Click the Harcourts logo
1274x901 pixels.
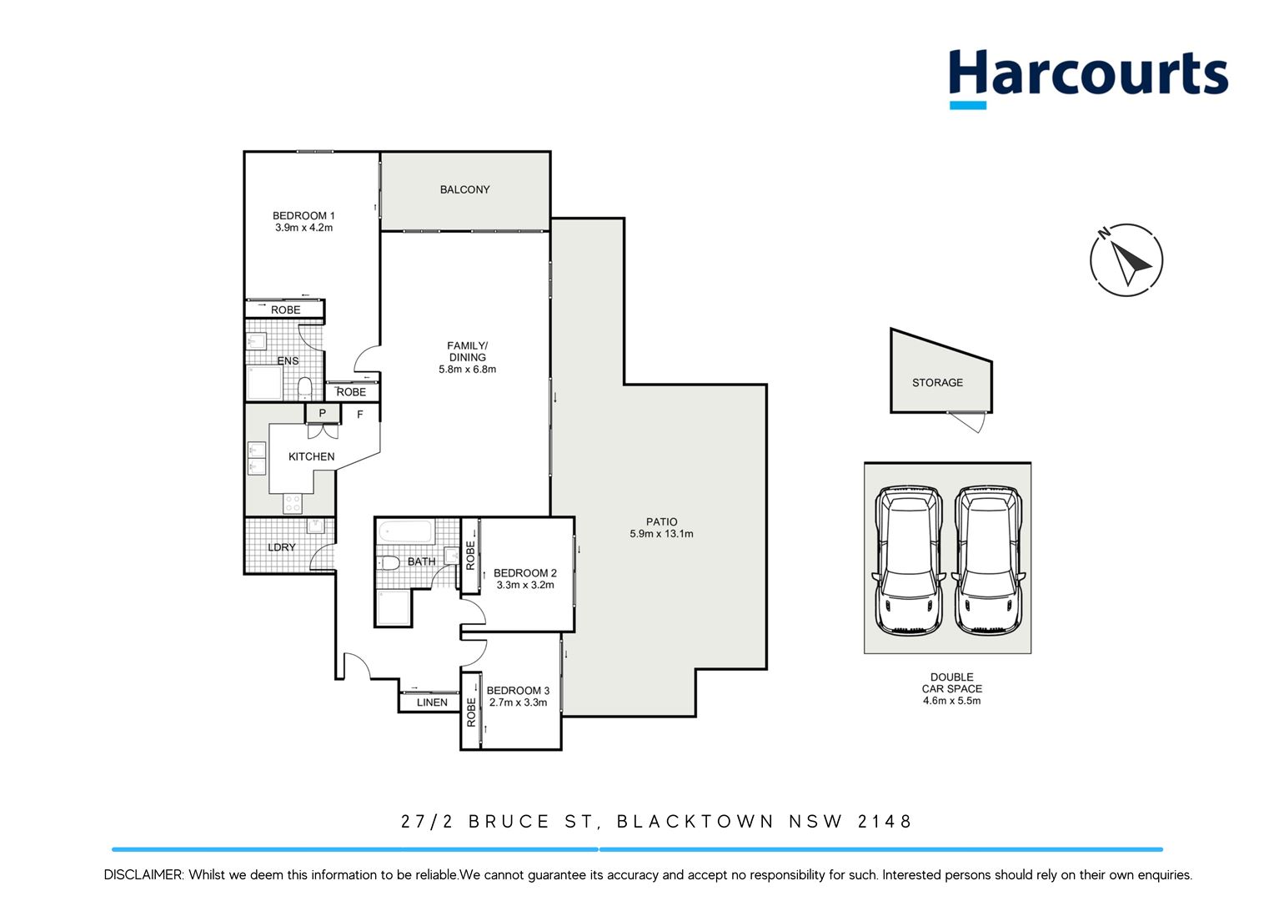point(1087,77)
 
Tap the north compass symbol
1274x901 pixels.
point(1126,259)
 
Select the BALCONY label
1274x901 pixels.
point(464,189)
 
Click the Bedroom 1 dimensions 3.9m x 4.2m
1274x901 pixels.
point(303,228)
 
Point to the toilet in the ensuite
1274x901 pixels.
point(304,388)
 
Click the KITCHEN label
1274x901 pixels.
point(311,456)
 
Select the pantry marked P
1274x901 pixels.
point(323,413)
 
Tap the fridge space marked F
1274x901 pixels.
point(360,414)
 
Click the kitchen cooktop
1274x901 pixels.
point(293,503)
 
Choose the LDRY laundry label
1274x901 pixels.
point(282,547)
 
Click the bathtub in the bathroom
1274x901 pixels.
point(406,531)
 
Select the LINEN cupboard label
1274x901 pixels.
point(432,702)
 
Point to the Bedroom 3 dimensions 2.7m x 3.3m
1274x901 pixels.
point(518,702)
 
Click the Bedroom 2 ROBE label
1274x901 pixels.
point(470,556)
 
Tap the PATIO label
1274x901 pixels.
point(661,521)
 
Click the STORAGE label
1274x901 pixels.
point(937,382)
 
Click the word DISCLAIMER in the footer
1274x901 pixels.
point(143,875)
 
